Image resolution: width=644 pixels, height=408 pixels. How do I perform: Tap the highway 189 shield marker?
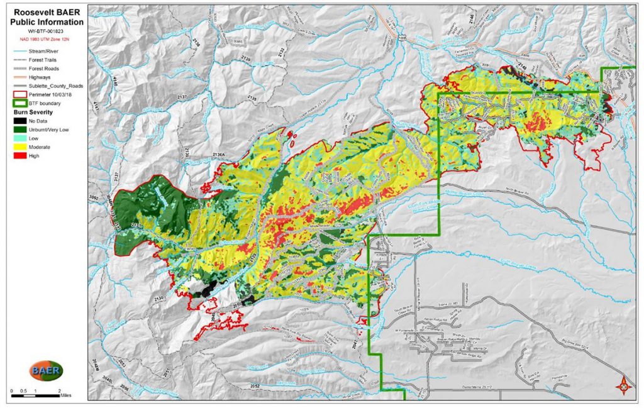point(401,38)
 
